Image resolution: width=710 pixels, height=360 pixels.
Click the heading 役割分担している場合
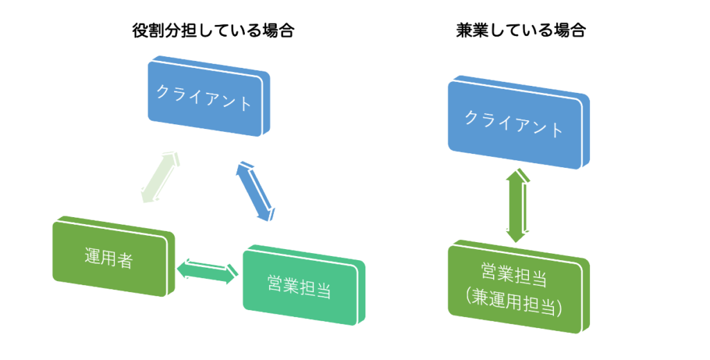tap(214, 31)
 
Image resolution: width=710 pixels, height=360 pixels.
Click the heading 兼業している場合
tap(521, 31)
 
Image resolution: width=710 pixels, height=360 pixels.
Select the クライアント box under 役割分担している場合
tap(209, 96)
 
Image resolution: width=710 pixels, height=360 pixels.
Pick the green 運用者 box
tap(114, 257)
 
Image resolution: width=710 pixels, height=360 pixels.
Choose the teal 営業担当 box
tap(304, 285)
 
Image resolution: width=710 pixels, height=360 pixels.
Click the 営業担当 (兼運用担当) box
tap(519, 287)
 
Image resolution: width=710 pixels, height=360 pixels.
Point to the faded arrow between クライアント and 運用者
tap(160, 177)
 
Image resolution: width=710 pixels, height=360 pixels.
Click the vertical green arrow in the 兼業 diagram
tap(517, 205)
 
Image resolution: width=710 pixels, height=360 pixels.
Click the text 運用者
tap(109, 259)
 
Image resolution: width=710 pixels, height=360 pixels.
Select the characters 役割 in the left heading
tap(148, 31)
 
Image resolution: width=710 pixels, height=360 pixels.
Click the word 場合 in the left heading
tap(279, 31)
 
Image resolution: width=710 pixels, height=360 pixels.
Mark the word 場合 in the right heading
tap(570, 31)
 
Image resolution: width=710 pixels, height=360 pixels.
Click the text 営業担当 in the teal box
tap(299, 287)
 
